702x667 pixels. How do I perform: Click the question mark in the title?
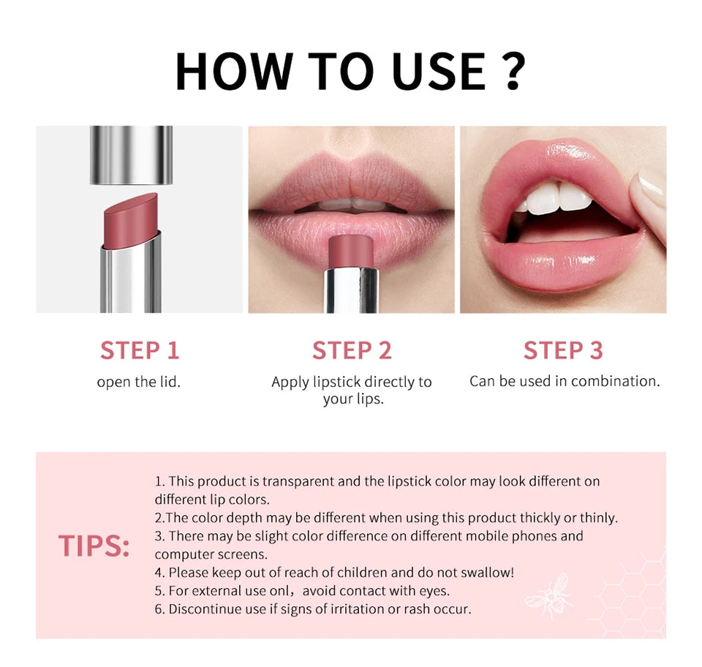[x=513, y=71]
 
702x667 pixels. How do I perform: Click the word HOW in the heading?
[x=233, y=71]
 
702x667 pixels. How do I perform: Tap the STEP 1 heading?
[x=140, y=350]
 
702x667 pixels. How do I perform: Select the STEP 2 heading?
[x=352, y=350]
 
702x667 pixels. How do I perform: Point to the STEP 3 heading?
[x=563, y=350]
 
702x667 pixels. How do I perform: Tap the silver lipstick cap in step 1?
[x=131, y=154]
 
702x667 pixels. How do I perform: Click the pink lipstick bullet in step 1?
[x=130, y=212]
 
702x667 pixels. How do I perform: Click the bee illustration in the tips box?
[x=548, y=592]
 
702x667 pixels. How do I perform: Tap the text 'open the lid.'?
[x=139, y=382]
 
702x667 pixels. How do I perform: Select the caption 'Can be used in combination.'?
[x=564, y=381]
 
